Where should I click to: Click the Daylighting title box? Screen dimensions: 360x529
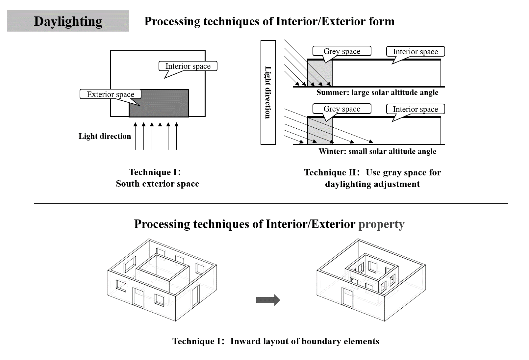(68, 21)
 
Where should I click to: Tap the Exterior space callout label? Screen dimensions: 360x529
(111, 94)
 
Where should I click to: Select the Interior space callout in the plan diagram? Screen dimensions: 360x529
(188, 66)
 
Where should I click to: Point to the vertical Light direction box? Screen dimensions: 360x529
(268, 92)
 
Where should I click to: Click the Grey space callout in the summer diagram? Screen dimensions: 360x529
(342, 51)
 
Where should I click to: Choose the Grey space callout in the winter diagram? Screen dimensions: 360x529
(342, 109)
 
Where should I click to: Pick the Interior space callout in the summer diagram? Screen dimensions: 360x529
(415, 52)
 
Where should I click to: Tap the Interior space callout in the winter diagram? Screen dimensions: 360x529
(415, 109)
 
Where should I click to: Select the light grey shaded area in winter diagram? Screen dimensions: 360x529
(320, 131)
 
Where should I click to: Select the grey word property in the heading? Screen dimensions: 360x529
(381, 224)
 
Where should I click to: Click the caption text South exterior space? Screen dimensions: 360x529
(158, 184)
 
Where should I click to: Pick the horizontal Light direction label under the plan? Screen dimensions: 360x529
(105, 136)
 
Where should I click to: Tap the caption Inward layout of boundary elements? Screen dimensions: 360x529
(305, 341)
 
